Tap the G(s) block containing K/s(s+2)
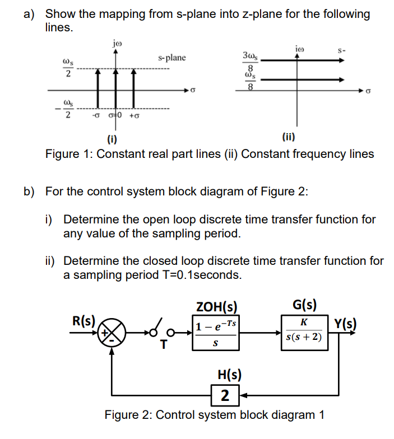pos(303,331)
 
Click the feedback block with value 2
pos(225,395)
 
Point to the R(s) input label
pos(83,321)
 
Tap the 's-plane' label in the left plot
pos(171,58)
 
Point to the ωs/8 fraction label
pos(250,82)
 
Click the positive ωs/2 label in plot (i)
pos(68,66)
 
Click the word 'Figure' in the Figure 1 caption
pos(62,154)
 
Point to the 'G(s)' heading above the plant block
pos(305,305)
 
